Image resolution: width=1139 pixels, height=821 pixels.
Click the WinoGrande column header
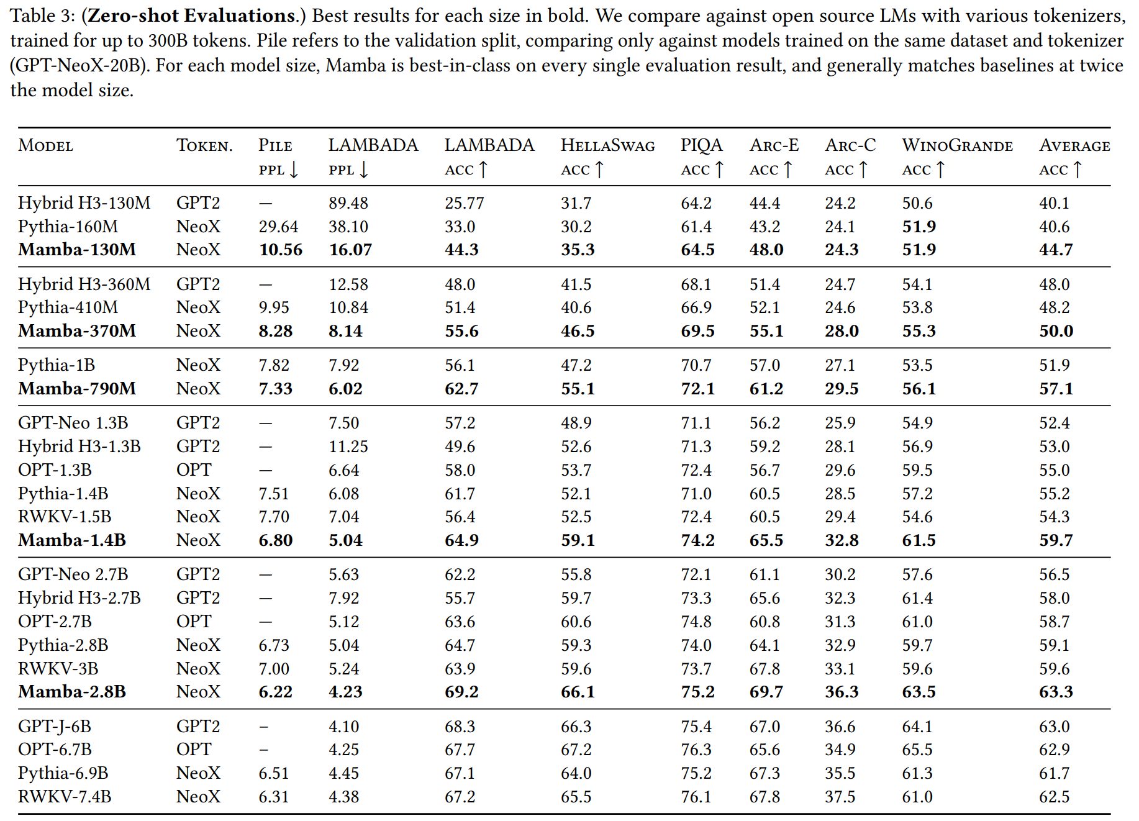pos(957,145)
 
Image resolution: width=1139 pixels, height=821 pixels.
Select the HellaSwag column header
pos(607,145)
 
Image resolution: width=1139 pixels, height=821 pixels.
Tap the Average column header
pos(1074,145)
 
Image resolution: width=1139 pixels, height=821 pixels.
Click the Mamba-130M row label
pos(77,250)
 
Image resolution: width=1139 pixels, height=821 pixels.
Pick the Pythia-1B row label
pos(57,365)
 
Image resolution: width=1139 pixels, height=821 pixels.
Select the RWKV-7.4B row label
pos(65,797)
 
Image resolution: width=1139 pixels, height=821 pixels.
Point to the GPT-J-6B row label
pos(55,727)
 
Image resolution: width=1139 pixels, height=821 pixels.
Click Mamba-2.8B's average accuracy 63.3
pos(1056,692)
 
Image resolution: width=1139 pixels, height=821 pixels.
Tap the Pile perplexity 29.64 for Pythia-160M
pos(278,227)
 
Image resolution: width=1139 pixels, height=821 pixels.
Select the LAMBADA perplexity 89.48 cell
pos(348,203)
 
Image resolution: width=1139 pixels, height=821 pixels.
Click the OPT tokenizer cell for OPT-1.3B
pos(194,470)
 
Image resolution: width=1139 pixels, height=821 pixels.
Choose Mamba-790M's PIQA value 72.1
pos(697,389)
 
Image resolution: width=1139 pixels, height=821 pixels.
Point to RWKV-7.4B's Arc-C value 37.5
pos(840,797)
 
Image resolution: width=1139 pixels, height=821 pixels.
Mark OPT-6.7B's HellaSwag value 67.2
pos(576,750)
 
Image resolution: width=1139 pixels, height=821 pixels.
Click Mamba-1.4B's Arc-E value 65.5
pos(766,540)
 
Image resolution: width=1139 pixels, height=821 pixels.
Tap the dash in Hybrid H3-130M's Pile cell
pos(266,203)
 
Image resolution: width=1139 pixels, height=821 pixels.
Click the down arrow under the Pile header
pos(294,170)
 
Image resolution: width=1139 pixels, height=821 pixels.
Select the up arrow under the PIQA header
pos(719,170)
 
